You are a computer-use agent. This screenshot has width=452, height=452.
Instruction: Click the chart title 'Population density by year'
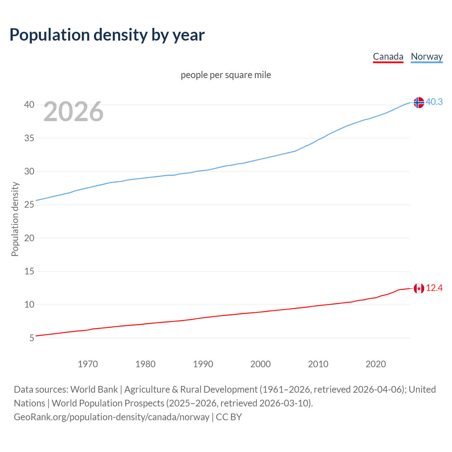click(107, 35)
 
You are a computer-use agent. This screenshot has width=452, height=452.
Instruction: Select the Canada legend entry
click(388, 56)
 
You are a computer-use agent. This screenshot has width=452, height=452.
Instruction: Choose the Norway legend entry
click(427, 56)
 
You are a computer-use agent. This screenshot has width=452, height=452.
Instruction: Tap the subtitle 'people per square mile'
click(226, 75)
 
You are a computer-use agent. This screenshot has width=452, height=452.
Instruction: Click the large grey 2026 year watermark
click(73, 112)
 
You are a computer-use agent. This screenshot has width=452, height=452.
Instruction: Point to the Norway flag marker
click(419, 102)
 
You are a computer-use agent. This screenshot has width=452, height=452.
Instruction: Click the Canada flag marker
click(419, 289)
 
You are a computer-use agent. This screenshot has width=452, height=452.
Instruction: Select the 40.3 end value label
click(434, 102)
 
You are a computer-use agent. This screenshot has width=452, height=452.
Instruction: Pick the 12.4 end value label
click(434, 288)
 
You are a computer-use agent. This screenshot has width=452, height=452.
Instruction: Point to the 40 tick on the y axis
click(29, 105)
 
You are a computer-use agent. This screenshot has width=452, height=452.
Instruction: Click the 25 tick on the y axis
click(29, 205)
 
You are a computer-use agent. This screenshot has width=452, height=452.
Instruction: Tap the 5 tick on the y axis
click(32, 338)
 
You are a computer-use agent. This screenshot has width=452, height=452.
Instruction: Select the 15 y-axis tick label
click(29, 272)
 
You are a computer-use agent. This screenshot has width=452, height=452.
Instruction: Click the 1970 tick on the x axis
click(88, 364)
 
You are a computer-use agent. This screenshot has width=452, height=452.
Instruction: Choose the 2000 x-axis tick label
click(261, 364)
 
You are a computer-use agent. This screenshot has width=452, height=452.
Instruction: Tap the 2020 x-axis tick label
click(376, 364)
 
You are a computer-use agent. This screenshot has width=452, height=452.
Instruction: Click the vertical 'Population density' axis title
click(15, 219)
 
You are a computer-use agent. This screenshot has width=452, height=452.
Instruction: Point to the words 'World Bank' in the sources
click(94, 389)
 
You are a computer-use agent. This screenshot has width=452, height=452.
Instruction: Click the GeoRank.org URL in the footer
click(112, 417)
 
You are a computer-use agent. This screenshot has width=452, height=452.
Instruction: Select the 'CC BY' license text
click(229, 417)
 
